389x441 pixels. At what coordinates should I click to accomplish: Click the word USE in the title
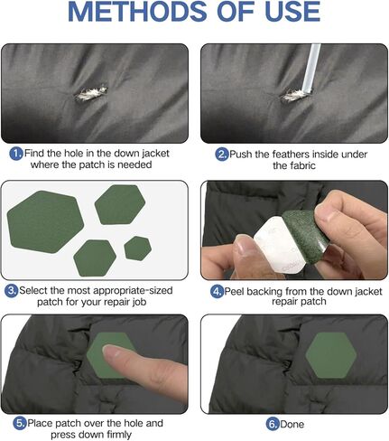point(292,12)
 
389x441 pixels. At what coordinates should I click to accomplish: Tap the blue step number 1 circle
point(16,154)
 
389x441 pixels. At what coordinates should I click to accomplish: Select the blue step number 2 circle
point(222,155)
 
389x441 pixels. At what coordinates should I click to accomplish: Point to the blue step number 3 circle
point(12,291)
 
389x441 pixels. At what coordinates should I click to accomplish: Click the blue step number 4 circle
point(217,292)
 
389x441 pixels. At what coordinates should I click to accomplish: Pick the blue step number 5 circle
point(20,424)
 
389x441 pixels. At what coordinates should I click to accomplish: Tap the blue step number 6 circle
point(273,425)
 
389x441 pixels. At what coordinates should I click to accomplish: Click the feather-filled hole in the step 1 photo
point(91,93)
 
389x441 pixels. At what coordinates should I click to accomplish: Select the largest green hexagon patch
point(45,222)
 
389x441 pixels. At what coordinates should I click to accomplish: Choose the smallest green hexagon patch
point(137,249)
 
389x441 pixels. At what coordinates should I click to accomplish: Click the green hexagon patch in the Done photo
point(331,355)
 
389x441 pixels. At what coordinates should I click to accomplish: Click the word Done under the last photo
point(292,425)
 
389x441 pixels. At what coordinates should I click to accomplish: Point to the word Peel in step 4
point(235,291)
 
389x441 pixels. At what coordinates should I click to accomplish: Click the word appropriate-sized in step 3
point(133,291)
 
